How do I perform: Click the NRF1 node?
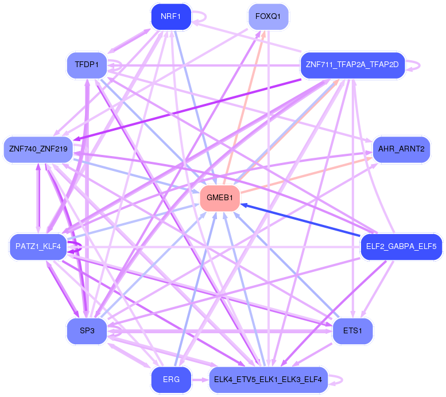click(x=170, y=17)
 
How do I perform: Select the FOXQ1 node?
click(x=268, y=17)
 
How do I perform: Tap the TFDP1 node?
click(x=87, y=64)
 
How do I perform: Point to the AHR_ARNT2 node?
click(x=401, y=149)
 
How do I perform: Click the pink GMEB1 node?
click(x=219, y=198)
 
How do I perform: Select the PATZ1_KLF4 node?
click(x=38, y=247)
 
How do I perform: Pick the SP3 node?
click(x=87, y=332)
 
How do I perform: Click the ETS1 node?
click(x=352, y=331)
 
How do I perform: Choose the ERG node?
click(x=171, y=380)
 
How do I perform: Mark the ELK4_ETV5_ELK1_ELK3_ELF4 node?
click(x=268, y=380)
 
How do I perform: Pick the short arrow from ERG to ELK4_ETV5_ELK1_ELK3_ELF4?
click(x=199, y=380)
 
